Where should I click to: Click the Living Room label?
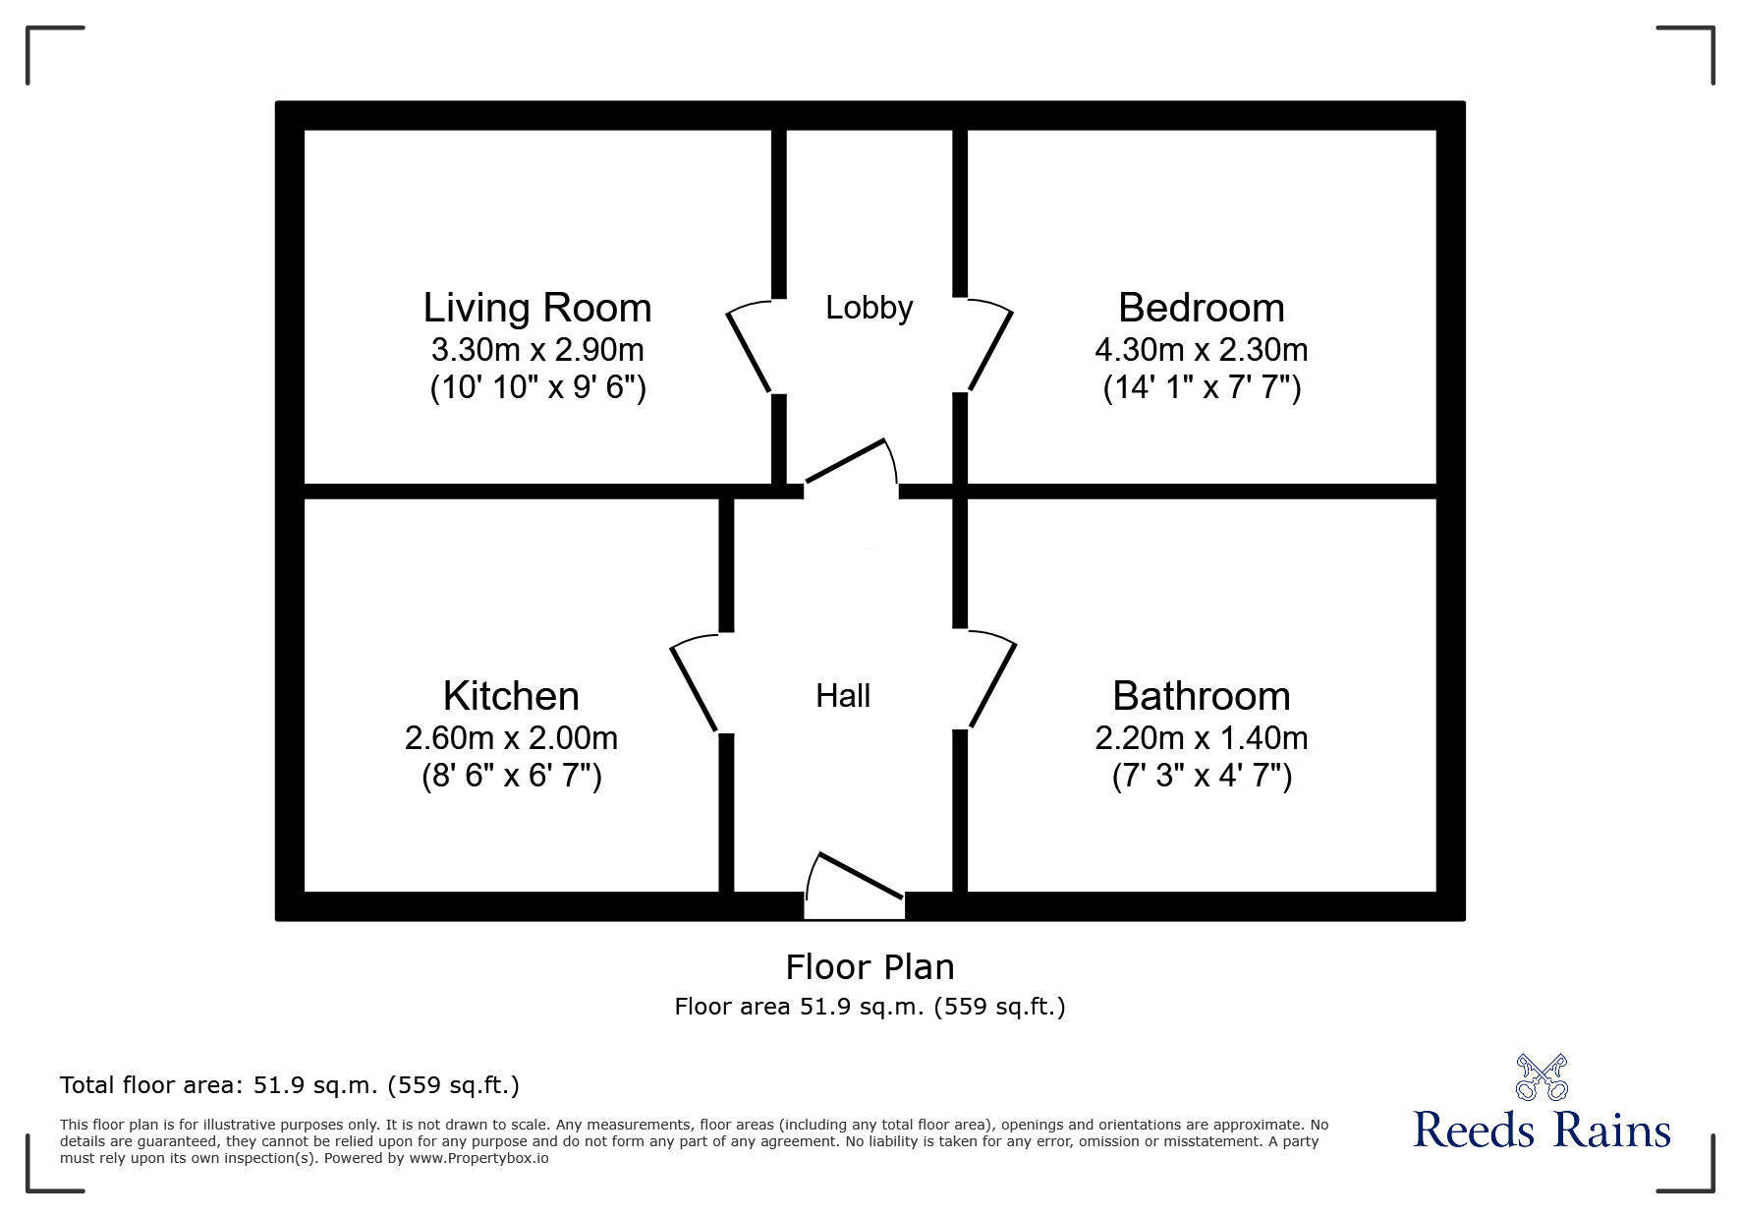tap(537, 308)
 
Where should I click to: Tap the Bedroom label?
tap(1201, 308)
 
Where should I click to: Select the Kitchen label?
tap(511, 696)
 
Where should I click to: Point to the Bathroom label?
tap(1201, 696)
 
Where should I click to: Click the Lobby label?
tap(870, 308)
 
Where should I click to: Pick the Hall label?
tap(843, 696)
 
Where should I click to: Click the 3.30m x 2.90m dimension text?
tap(537, 349)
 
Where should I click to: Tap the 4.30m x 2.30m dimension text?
tap(1201, 349)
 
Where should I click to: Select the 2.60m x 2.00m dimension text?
tap(511, 737)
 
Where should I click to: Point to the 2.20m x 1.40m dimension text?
tap(1201, 737)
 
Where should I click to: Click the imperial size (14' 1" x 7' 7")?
tap(1201, 388)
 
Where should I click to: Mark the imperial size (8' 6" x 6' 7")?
tap(511, 777)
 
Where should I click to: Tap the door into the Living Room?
tap(749, 349)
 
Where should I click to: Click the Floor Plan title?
tap(870, 967)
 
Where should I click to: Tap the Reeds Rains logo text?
tap(1542, 1131)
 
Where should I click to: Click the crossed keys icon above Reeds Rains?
tap(1542, 1076)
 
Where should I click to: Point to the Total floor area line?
tap(290, 1085)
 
